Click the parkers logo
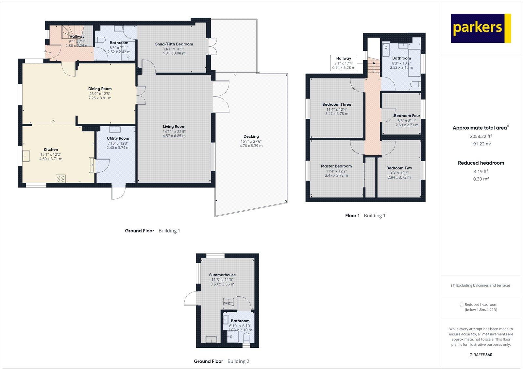tap(481, 28)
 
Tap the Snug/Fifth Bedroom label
tap(174, 44)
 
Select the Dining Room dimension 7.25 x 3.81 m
tap(100, 98)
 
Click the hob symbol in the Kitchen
tap(61, 178)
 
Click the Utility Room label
tap(118, 138)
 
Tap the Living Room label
tap(174, 127)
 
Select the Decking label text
tap(251, 136)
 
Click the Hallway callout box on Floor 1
tap(343, 63)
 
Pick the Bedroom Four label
tap(407, 116)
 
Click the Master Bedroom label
tap(336, 166)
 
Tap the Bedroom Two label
tap(399, 168)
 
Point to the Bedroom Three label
tap(336, 105)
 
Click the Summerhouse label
tap(222, 275)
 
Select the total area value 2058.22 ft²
tap(481, 136)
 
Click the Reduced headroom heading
tap(481, 163)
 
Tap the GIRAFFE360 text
tap(481, 355)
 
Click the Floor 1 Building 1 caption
tap(365, 216)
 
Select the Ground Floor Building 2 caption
tap(221, 361)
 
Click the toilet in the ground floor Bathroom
tap(101, 41)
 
